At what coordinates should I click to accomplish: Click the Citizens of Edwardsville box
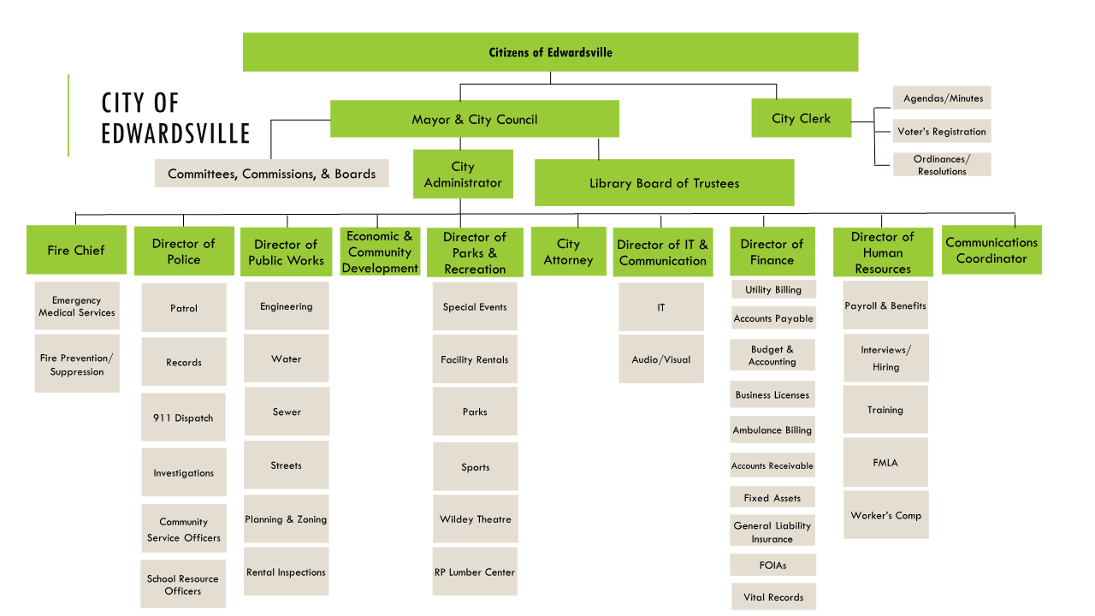click(550, 52)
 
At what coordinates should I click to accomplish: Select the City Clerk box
click(801, 118)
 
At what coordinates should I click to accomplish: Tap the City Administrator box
click(463, 175)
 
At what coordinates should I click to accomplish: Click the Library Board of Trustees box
click(664, 183)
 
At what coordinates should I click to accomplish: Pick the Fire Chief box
click(76, 250)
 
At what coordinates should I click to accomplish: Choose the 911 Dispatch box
click(183, 418)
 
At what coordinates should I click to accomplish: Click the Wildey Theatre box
click(475, 519)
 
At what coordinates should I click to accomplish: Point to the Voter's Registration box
click(941, 132)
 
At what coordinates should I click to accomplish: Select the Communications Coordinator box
click(991, 250)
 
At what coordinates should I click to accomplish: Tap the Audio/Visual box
click(661, 359)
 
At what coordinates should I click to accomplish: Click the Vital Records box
click(773, 597)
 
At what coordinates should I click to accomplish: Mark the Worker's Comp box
click(885, 515)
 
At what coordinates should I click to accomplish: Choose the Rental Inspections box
click(286, 572)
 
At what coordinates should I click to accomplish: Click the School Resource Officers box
click(183, 584)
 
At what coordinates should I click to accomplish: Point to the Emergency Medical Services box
click(77, 306)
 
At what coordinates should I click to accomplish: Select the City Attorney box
click(568, 252)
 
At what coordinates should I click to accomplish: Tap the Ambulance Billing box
click(772, 430)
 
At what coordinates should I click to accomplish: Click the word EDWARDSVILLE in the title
click(175, 134)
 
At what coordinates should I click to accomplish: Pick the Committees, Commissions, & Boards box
click(271, 174)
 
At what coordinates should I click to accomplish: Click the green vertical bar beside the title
click(68, 115)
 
